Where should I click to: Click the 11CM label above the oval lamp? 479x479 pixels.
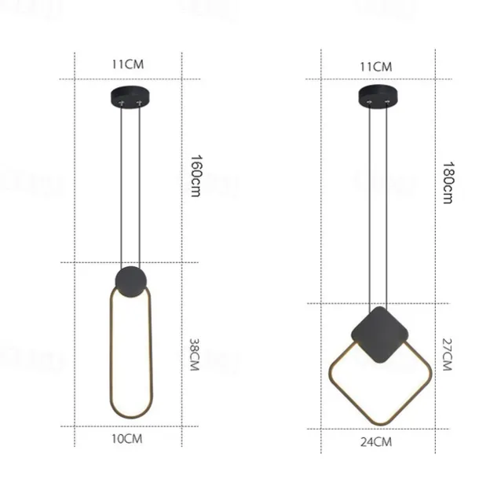click(x=129, y=65)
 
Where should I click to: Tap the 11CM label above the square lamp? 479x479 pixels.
click(x=375, y=66)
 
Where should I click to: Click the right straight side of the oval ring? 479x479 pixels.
click(x=150, y=353)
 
